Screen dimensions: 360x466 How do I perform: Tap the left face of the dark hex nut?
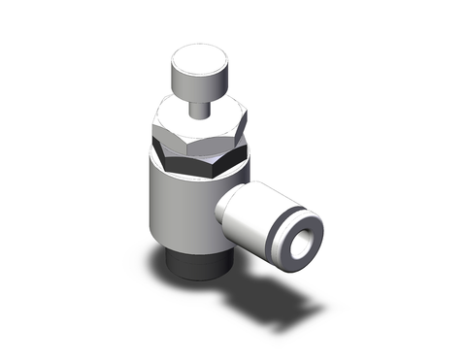[x=163, y=154]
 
